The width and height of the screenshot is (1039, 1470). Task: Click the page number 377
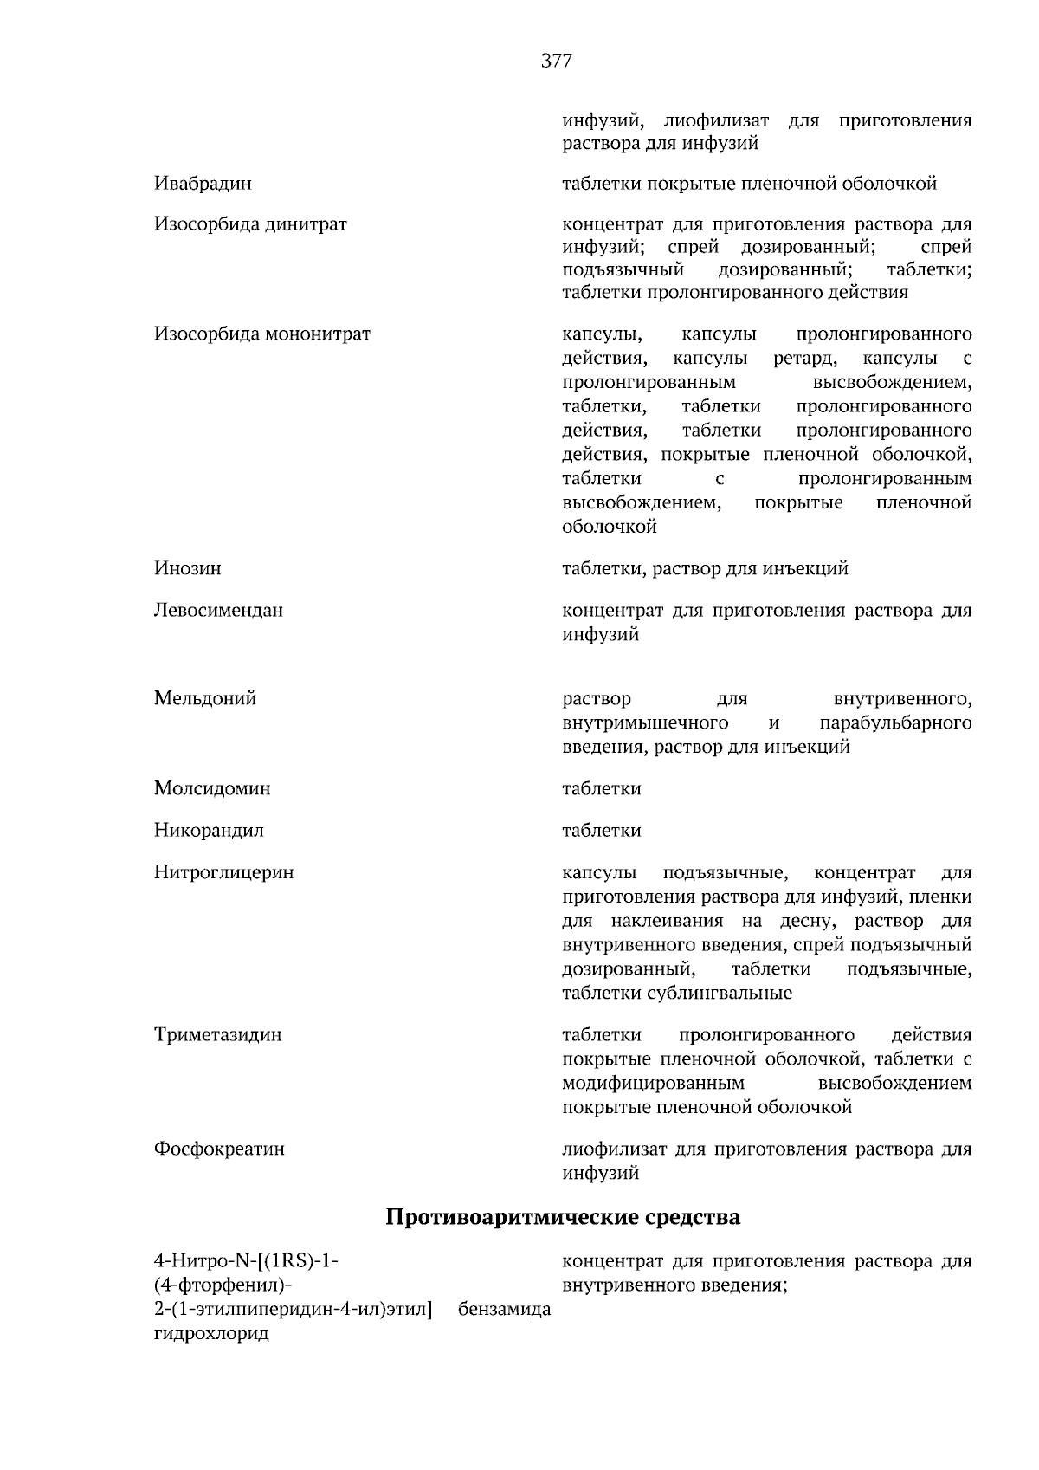[x=556, y=61]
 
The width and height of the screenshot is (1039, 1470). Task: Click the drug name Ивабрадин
[x=203, y=184]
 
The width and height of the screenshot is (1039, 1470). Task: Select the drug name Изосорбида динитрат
[x=250, y=224]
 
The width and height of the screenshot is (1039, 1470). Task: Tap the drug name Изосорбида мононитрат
[x=261, y=334]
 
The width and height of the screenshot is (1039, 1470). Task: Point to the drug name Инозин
[x=187, y=568]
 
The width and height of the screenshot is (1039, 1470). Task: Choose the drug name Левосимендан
[x=218, y=610]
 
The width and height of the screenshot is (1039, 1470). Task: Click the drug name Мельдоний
[x=204, y=698]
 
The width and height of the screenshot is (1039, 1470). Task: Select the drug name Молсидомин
[x=212, y=788]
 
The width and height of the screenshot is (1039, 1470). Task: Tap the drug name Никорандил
[x=209, y=831]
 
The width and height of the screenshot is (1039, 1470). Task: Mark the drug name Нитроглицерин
[x=223, y=872]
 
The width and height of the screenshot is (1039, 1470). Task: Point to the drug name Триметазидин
[x=217, y=1035]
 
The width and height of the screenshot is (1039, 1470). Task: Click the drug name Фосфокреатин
[x=219, y=1149]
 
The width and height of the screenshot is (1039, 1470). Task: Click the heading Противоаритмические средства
[x=562, y=1217]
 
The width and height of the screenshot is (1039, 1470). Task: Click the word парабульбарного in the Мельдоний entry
[x=894, y=722]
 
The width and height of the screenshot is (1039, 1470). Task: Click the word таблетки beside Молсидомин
[x=601, y=788]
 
